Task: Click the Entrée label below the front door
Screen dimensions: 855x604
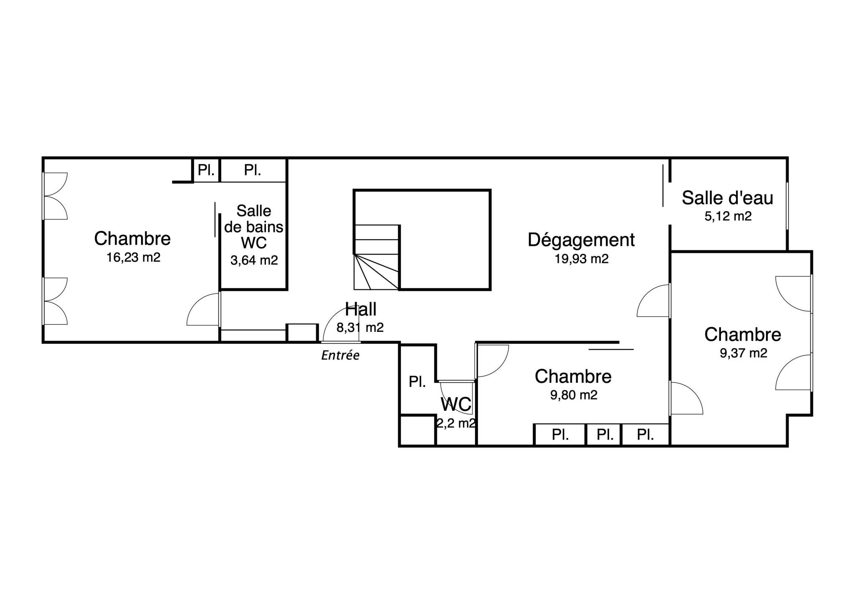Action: point(340,355)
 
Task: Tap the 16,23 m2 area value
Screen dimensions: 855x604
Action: point(133,257)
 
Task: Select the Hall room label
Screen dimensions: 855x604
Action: point(361,309)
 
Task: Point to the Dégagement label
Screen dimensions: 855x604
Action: point(581,240)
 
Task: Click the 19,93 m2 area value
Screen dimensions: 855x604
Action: point(582,259)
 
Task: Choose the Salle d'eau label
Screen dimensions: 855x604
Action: point(728,198)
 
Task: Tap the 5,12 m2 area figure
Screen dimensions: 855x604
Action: point(728,216)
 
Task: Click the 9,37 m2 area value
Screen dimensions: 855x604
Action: point(744,353)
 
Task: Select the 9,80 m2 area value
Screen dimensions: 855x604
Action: point(574,395)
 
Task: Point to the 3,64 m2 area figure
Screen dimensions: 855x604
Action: point(254,260)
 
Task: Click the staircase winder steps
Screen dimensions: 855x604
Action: point(376,272)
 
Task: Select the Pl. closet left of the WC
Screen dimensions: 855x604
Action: point(417,382)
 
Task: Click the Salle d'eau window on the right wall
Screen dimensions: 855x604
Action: point(787,206)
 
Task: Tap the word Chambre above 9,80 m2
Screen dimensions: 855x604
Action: point(573,376)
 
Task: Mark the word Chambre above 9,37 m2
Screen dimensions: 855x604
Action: point(743,334)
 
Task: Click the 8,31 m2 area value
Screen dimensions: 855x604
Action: point(360,328)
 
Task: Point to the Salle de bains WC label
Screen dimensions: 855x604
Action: point(254,227)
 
